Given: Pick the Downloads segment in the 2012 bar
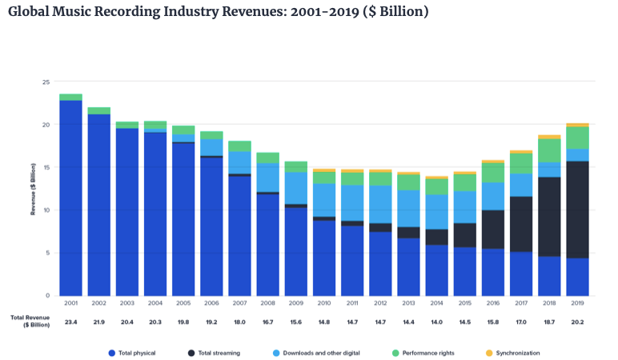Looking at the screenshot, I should (380, 204).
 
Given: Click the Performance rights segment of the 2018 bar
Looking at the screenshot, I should (549, 150).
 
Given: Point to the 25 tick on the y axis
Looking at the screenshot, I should (46, 82).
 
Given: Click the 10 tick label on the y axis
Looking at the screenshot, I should (46, 210).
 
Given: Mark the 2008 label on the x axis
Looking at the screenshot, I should (267, 302).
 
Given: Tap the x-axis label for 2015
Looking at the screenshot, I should (464, 302).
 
